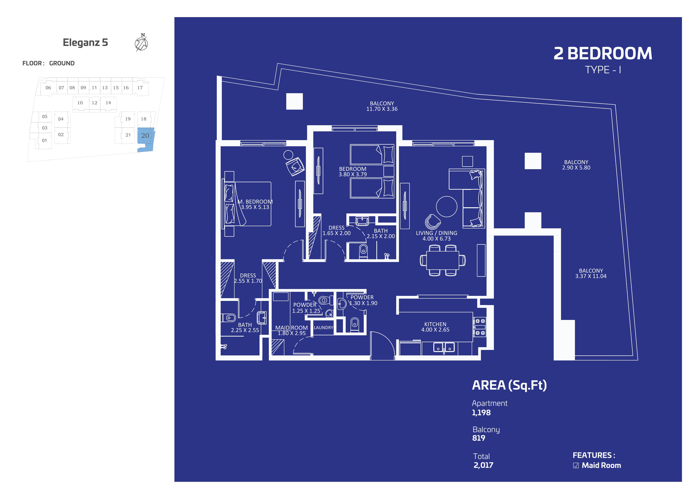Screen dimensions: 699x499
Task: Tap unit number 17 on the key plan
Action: pos(140,88)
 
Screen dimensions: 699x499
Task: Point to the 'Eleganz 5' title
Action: pos(85,42)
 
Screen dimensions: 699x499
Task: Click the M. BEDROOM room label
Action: pos(255,202)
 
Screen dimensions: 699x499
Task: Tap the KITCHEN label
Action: pos(435,324)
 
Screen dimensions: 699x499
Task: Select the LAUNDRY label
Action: pos(323,328)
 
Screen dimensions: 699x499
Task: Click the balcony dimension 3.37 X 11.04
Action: pos(591,276)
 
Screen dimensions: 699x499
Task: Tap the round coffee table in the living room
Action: pos(447,207)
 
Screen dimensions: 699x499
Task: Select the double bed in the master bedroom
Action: pos(248,204)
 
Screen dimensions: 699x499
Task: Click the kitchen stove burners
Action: pos(479,327)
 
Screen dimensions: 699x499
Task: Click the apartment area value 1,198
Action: pos(481,413)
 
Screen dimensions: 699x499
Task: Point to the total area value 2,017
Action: pos(483,465)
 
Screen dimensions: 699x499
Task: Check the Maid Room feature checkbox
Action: pos(576,465)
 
